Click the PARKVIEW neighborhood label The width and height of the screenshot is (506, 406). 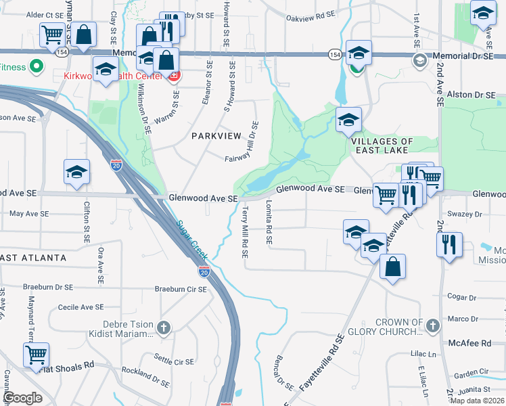(x=216, y=136)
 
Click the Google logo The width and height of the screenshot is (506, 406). (x=23, y=398)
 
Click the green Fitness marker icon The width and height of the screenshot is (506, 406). (x=37, y=67)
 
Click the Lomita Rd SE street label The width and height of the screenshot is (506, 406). (x=269, y=221)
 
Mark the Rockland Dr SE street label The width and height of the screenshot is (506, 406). (x=145, y=377)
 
